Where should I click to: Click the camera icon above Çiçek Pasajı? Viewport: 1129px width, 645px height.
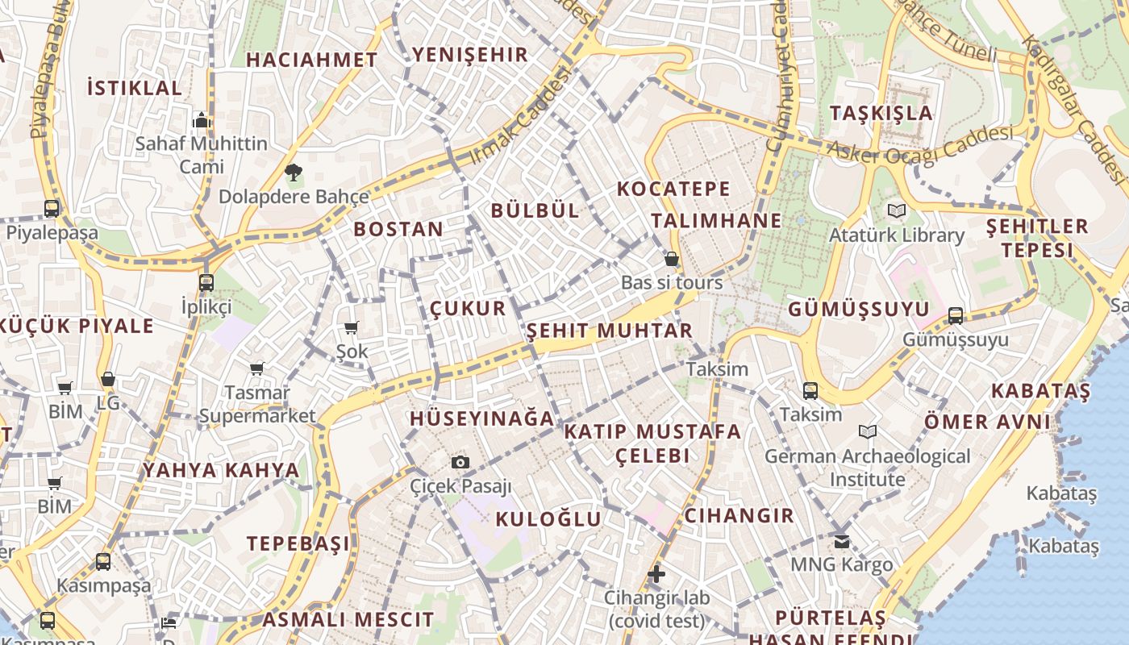point(460,462)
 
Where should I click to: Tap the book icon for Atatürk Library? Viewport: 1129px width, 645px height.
point(896,211)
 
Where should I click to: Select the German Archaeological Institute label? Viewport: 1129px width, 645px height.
point(867,468)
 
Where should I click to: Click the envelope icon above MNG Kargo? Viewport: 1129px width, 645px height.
point(842,541)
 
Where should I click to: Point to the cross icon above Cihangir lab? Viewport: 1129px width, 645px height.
point(656,574)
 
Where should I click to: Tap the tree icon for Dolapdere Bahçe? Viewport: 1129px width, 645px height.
point(293,172)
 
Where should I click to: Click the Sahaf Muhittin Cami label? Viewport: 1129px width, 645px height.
point(202,155)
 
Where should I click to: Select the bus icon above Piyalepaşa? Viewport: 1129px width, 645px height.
point(52,209)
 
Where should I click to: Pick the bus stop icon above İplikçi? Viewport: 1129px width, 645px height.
point(206,283)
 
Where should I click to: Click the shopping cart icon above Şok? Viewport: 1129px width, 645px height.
point(351,327)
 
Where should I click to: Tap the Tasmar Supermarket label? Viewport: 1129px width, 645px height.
point(257,404)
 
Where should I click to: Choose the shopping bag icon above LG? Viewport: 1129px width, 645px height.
point(107,379)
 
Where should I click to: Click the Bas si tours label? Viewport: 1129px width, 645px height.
point(672,283)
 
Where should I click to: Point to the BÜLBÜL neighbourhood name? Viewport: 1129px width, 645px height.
point(535,210)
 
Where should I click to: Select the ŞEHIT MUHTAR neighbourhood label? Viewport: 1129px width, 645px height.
point(609,331)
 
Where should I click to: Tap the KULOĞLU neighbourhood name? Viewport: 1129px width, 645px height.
point(548,519)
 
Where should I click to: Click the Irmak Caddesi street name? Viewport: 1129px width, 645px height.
point(520,115)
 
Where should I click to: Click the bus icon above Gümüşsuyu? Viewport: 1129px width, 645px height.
point(956,315)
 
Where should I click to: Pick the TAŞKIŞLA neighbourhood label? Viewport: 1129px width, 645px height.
point(881,113)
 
